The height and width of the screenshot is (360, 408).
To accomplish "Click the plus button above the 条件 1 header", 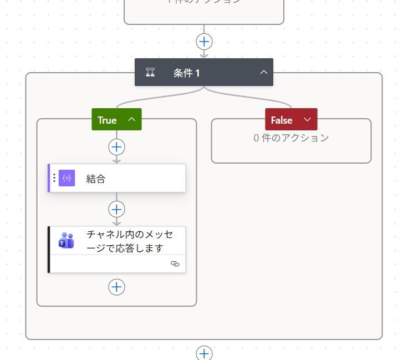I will (x=204, y=42).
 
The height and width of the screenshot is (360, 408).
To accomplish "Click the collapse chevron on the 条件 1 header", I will (x=264, y=72).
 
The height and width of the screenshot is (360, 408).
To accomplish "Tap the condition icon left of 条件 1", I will (x=150, y=73).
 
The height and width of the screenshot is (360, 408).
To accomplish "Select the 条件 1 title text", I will (x=187, y=73).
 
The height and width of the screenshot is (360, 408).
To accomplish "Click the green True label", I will (x=107, y=120).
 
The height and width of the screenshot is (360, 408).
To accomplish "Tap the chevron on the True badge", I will (x=131, y=119).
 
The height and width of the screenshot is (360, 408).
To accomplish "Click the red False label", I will (x=282, y=120).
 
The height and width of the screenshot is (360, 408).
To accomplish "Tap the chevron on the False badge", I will (x=307, y=119).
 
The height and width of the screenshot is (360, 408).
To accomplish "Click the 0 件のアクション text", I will (x=291, y=138).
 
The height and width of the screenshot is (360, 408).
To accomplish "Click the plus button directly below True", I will (x=116, y=147).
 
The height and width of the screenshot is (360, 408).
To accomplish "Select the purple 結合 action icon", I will (x=67, y=178).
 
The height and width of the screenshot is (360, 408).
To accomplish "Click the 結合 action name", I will (x=96, y=179).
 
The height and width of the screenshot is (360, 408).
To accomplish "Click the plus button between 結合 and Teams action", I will (x=116, y=209).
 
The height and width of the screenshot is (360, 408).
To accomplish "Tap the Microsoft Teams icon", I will (x=67, y=240).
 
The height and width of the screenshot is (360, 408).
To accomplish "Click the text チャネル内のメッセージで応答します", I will (x=130, y=241).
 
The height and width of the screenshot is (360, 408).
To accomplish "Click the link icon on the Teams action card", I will (x=175, y=264).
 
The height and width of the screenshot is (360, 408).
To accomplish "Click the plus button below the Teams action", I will (x=116, y=287).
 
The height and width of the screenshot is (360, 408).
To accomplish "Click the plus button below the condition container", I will (x=204, y=353).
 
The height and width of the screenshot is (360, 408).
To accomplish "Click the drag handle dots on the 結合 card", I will (x=54, y=178).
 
